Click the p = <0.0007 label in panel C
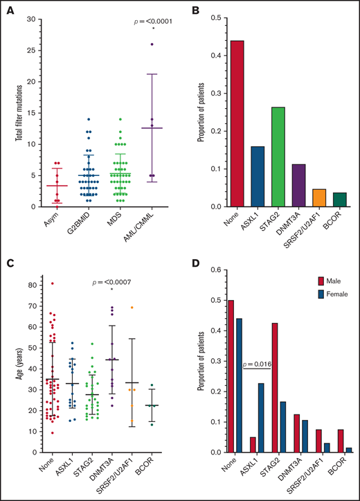[x=115, y=282]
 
